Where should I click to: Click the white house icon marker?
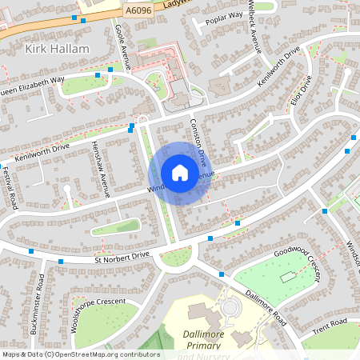coord(180,173)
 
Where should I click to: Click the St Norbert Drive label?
coord(122,256)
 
